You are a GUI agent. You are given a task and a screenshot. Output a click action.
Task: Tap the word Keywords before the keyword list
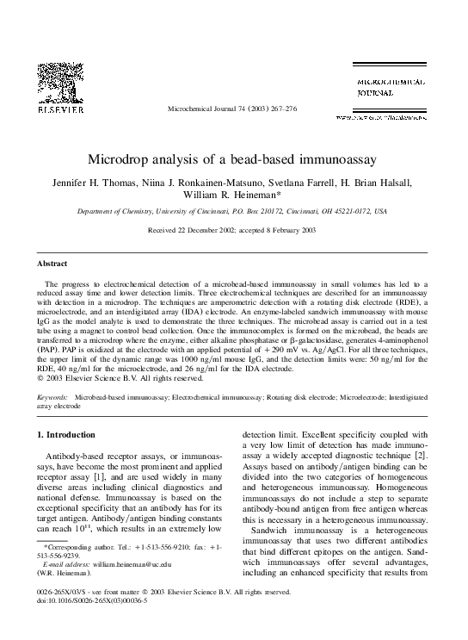point(54,397)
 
